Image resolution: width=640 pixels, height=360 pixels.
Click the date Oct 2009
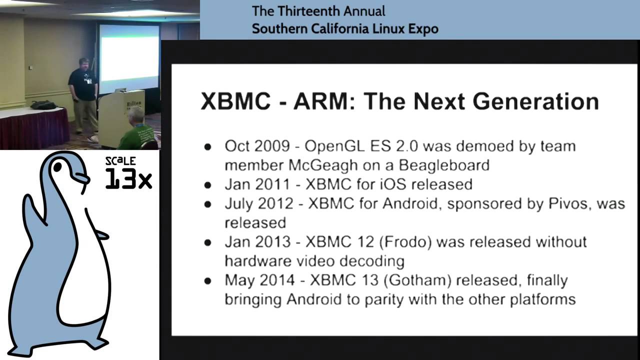(x=257, y=146)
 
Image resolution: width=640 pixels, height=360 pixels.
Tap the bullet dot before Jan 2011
(x=208, y=185)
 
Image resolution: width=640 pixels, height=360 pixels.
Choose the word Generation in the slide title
(x=535, y=101)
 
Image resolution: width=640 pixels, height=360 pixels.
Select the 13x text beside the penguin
(x=128, y=178)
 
